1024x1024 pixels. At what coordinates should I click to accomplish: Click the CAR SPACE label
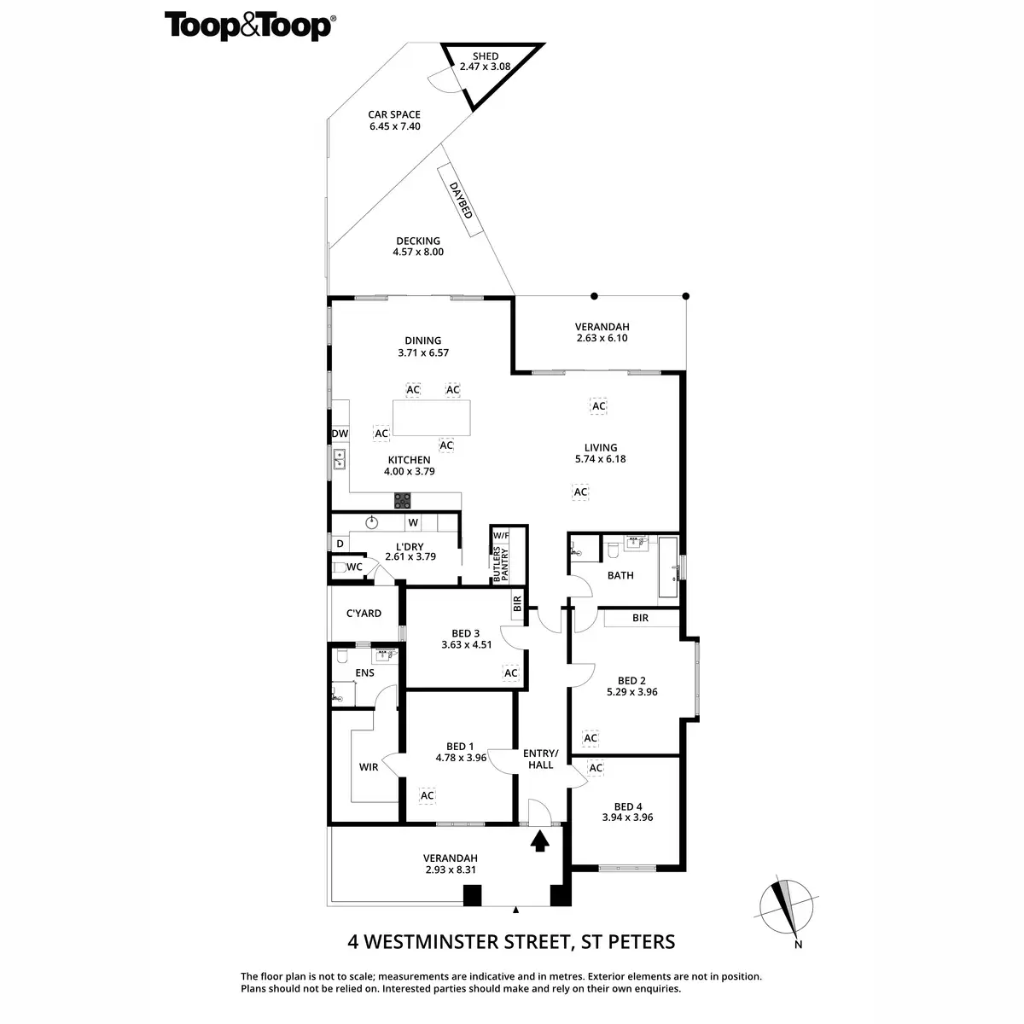point(394,115)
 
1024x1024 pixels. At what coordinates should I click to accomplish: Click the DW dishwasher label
point(340,433)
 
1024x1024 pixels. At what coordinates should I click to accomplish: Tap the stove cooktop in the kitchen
point(401,498)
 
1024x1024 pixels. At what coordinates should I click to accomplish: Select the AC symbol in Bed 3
point(510,673)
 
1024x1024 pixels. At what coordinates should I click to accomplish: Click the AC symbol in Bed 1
point(427,795)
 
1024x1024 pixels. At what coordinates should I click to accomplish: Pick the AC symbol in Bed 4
point(596,768)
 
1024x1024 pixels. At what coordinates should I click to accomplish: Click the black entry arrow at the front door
point(538,841)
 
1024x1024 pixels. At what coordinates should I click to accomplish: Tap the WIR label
point(368,767)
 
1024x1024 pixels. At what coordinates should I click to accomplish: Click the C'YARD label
point(364,614)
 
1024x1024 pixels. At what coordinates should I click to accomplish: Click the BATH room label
point(620,575)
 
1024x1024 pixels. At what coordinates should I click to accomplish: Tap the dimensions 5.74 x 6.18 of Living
point(601,459)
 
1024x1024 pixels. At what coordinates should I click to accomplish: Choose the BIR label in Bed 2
point(640,618)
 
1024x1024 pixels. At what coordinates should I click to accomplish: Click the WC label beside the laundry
point(355,567)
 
